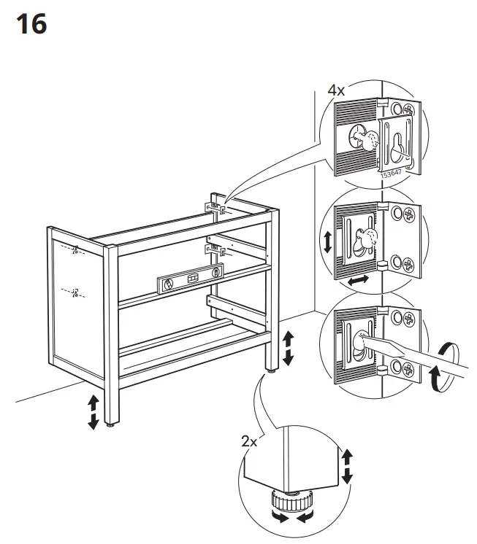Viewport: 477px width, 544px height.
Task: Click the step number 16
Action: [30, 24]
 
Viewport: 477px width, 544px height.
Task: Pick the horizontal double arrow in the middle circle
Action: [358, 280]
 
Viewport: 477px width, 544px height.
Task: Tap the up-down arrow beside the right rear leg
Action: [288, 348]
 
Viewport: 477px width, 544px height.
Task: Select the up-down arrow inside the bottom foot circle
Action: [347, 466]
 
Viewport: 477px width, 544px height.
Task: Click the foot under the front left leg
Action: [110, 424]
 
